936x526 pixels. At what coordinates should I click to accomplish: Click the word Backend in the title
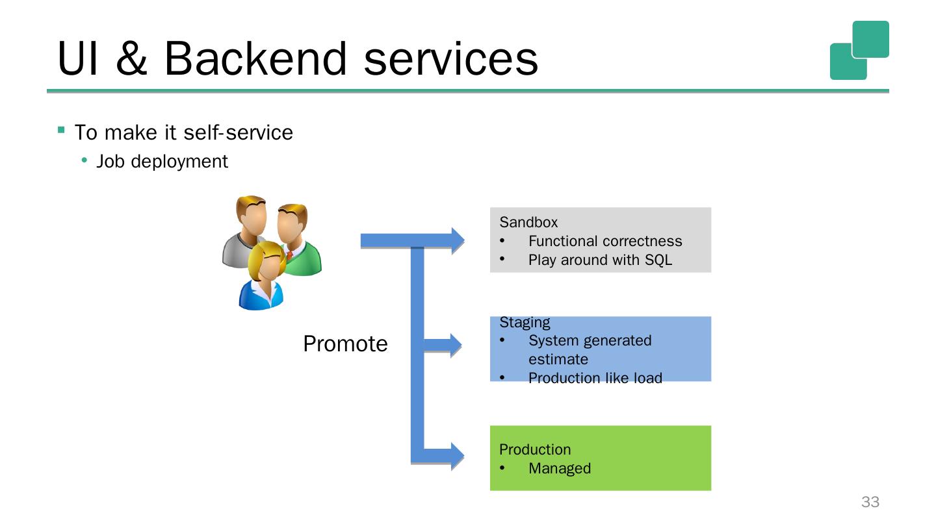coord(255,59)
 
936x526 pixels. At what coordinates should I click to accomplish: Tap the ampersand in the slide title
coord(131,59)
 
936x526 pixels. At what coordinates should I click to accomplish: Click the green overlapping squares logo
coord(859,50)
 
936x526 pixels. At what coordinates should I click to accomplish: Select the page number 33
coord(870,502)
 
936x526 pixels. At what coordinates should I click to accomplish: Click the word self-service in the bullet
coord(238,132)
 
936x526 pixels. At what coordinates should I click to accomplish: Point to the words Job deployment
coord(162,162)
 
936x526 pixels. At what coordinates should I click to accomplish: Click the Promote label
coord(345,344)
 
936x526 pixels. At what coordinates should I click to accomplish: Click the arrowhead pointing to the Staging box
coord(456,345)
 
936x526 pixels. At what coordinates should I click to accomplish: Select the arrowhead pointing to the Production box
coord(458,456)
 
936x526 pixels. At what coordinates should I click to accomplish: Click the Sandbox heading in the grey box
coord(528,222)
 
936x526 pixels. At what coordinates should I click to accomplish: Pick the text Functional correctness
coord(605,241)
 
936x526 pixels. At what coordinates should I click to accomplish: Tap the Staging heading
coord(525,323)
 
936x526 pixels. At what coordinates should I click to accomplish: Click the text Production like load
coord(595,378)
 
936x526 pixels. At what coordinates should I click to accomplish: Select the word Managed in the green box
coord(560,468)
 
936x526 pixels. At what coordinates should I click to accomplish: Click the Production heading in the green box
coord(535,449)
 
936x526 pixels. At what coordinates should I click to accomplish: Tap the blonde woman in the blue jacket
coord(263,277)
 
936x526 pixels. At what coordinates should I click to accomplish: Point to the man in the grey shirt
coord(244,232)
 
